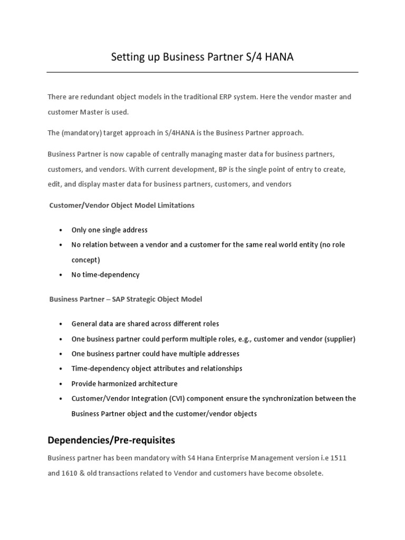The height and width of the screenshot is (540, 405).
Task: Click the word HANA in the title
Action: click(x=276, y=57)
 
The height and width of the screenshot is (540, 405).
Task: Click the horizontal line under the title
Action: click(x=202, y=72)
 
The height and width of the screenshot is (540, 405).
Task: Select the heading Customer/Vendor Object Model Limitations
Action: click(x=122, y=205)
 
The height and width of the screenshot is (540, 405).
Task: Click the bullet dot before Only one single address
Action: click(x=61, y=230)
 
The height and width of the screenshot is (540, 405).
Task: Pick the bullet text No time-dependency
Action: click(x=105, y=275)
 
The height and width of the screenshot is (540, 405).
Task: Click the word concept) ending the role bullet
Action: click(x=85, y=260)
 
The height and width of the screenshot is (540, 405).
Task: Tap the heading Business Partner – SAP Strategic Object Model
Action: click(x=126, y=299)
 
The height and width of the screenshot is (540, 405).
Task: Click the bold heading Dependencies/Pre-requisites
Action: click(x=111, y=440)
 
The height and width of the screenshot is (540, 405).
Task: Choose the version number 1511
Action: click(x=336, y=459)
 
